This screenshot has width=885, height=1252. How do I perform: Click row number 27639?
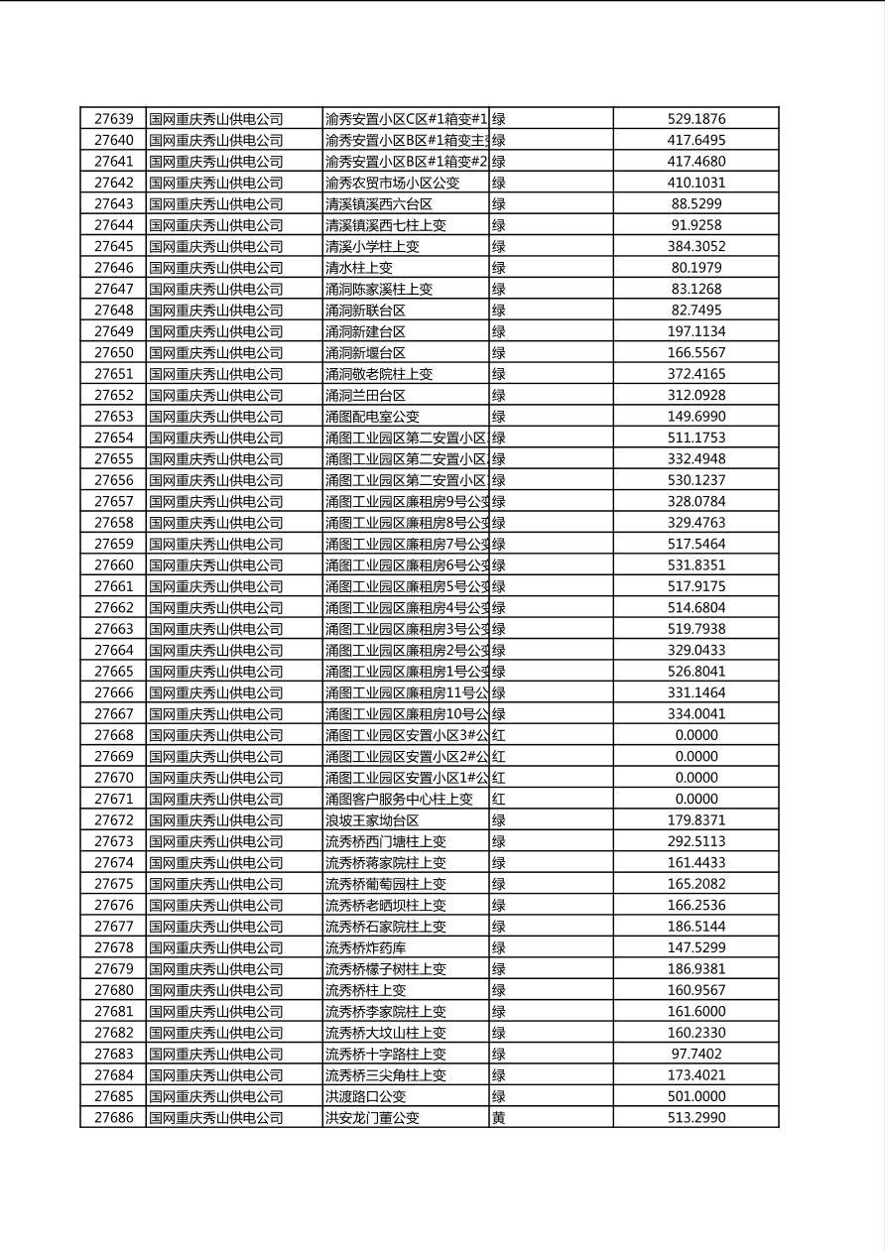pyautogui.click(x=113, y=119)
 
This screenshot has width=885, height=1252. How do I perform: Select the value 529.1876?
pyautogui.click(x=695, y=119)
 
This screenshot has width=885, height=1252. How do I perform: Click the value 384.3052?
pyautogui.click(x=695, y=246)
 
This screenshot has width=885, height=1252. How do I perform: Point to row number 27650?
pyautogui.click(x=113, y=352)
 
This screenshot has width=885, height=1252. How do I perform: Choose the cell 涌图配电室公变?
pyautogui.click(x=372, y=417)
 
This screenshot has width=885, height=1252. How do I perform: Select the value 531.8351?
pyautogui.click(x=695, y=565)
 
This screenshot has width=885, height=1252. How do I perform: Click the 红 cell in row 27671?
pyautogui.click(x=499, y=799)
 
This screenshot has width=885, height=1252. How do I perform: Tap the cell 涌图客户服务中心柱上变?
pyautogui.click(x=399, y=799)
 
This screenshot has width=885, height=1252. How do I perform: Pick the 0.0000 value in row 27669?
pyautogui.click(x=695, y=756)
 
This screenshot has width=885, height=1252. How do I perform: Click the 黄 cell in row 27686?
pyautogui.click(x=499, y=1117)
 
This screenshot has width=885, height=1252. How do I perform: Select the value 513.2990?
pyautogui.click(x=695, y=1117)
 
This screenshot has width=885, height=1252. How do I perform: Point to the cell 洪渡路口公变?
pyautogui.click(x=365, y=1096)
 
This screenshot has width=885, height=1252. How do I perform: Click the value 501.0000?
pyautogui.click(x=695, y=1096)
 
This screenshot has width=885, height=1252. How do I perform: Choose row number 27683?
pyautogui.click(x=113, y=1054)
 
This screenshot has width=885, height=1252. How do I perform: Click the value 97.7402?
pyautogui.click(x=695, y=1054)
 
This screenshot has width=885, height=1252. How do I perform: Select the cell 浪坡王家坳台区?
pyautogui.click(x=372, y=820)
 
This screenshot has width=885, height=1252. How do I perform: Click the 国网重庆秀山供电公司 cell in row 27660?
pyautogui.click(x=216, y=565)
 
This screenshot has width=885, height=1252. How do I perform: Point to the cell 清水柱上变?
pyautogui.click(x=359, y=268)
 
